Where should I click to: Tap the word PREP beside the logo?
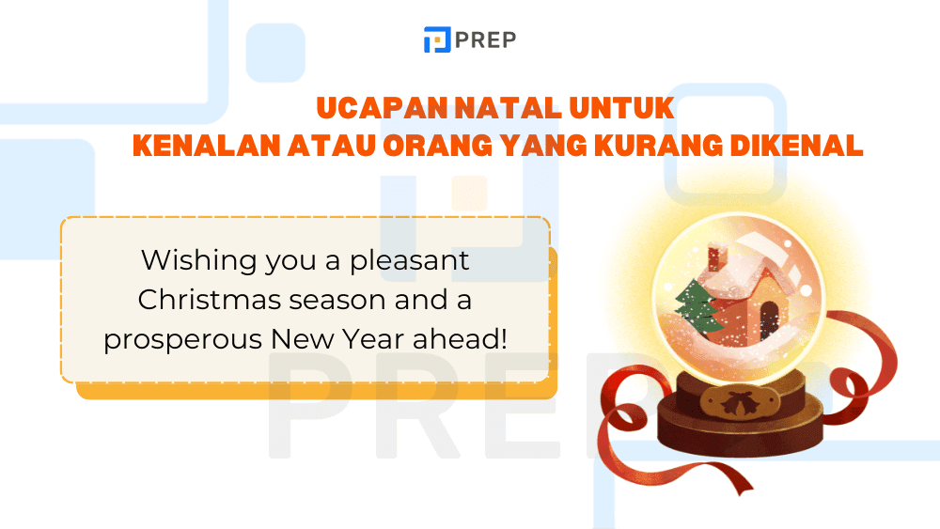[484, 39]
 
